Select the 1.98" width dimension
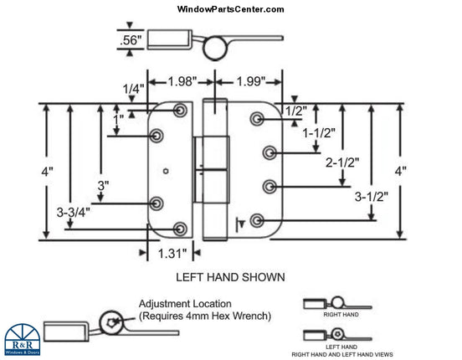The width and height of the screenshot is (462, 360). coord(182,81)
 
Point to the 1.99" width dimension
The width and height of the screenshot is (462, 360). coord(247,81)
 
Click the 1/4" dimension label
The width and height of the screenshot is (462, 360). coord(133,89)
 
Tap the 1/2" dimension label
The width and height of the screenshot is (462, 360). coord(295,110)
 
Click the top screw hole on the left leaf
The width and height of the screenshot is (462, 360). coord(180,111)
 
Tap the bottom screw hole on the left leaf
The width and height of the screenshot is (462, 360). coord(180,228)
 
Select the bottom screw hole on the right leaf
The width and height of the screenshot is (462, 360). coord(255,220)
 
